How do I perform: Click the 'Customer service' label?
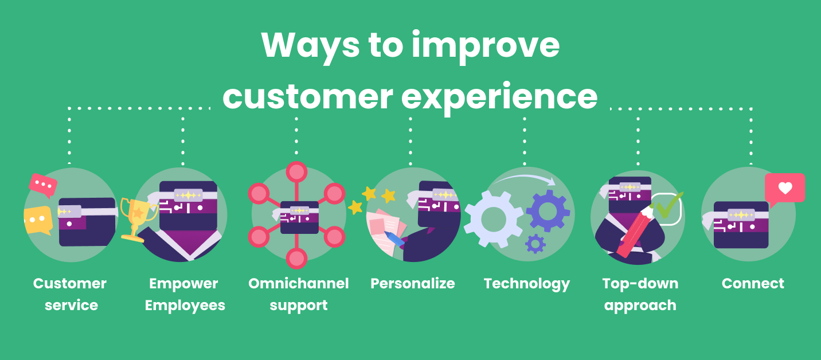[x=70, y=294]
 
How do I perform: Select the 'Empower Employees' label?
[x=184, y=294]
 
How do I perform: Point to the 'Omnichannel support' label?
[x=298, y=294]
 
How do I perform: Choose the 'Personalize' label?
[x=412, y=284]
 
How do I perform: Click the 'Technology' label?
[x=526, y=284]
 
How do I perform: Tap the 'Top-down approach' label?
[x=640, y=294]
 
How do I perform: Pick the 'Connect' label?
[x=753, y=284]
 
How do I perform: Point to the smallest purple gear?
[x=535, y=244]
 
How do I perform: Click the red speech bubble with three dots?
[x=43, y=185]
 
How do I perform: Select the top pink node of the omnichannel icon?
[x=296, y=172]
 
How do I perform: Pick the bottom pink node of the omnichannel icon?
[x=296, y=258]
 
